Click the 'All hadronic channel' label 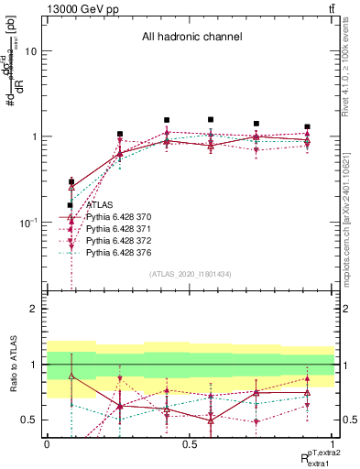[x=189, y=38]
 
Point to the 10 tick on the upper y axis [x=31, y=52]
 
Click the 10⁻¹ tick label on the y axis [x=28, y=223]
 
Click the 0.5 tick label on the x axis [x=189, y=443]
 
